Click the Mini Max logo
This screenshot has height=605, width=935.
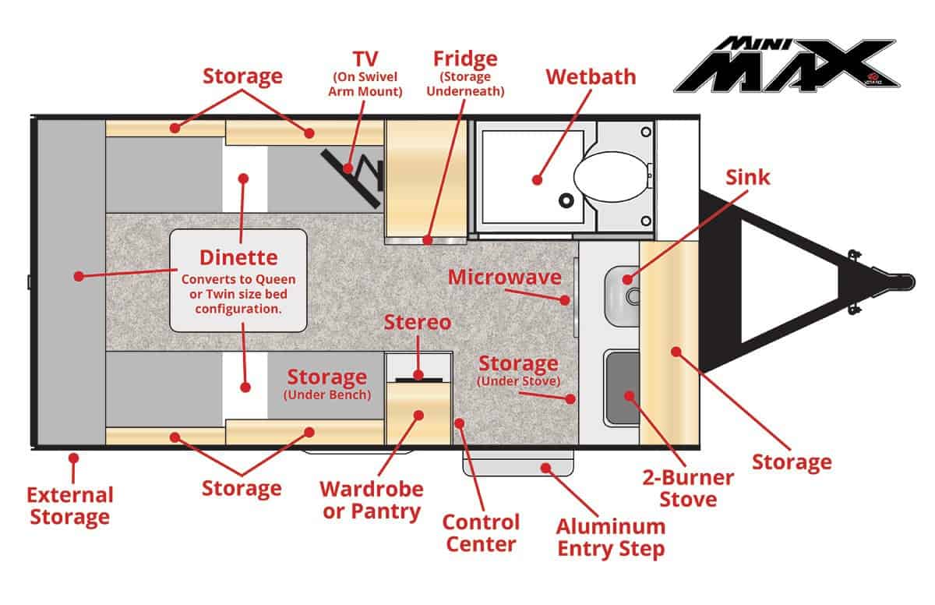(x=787, y=65)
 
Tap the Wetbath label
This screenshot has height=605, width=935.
(x=591, y=77)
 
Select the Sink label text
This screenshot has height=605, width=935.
(x=747, y=178)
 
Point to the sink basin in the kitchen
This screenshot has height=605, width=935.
(x=623, y=296)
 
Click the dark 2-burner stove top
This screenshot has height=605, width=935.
(x=623, y=388)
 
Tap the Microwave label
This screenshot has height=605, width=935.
(x=505, y=278)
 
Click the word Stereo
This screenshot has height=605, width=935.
(x=418, y=322)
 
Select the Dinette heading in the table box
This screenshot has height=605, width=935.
(x=238, y=257)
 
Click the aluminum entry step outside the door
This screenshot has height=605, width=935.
(x=518, y=463)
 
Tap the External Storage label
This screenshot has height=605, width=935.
(x=70, y=506)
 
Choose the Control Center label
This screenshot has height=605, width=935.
(x=481, y=533)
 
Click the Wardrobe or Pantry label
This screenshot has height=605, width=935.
(x=372, y=501)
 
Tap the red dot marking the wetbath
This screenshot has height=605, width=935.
(x=537, y=180)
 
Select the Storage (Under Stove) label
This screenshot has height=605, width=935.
(x=518, y=370)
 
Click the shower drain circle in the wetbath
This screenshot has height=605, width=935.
(x=566, y=200)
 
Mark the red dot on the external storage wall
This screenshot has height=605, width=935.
(x=73, y=458)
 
